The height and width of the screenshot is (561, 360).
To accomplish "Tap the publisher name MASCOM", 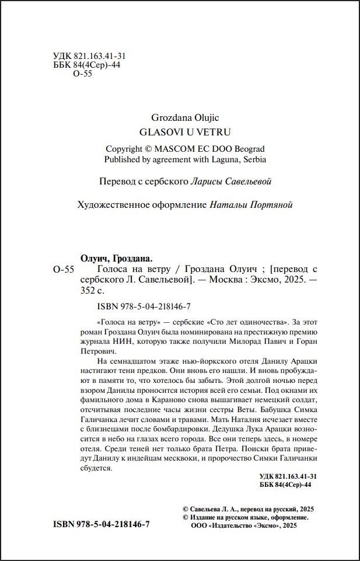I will [x=180, y=148].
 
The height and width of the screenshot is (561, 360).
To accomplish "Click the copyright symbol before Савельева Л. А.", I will [x=185, y=509].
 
